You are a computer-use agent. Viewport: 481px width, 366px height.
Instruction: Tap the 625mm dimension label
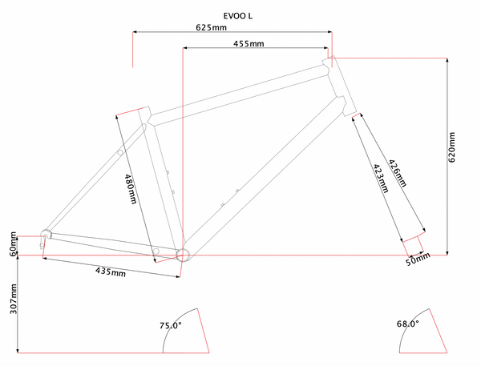point(210,27)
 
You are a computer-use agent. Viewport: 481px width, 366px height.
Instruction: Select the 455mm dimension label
point(249,43)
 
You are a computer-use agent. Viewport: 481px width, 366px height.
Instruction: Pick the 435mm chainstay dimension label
point(111,272)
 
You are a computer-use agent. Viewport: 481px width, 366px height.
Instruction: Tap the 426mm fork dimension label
point(397,173)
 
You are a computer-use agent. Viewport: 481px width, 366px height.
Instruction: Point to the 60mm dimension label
point(13,243)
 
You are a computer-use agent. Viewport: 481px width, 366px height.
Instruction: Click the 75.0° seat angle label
point(171,326)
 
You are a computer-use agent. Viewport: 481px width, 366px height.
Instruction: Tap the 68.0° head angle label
point(408,324)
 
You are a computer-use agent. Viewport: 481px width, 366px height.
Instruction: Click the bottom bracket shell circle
point(183,255)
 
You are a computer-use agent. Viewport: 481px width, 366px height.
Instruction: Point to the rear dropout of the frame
point(46,235)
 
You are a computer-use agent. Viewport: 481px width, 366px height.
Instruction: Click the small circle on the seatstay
point(119,151)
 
